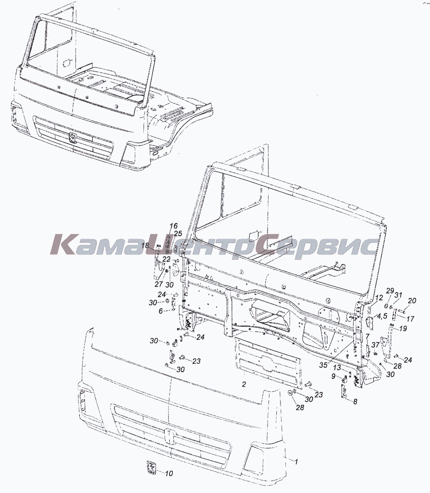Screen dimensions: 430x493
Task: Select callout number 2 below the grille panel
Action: click(244, 384)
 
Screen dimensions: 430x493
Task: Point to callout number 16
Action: click(173, 226)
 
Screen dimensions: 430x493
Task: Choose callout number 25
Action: click(178, 233)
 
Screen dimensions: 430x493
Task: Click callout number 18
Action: click(145, 246)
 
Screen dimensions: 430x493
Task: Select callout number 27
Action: click(159, 284)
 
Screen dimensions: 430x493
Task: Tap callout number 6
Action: click(161, 311)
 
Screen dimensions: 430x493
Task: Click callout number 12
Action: click(379, 298)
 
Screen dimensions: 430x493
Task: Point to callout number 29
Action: click(390, 290)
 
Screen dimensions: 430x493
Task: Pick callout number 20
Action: click(412, 300)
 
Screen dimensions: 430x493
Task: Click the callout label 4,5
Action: click(380, 316)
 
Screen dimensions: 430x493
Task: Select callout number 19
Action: click(403, 328)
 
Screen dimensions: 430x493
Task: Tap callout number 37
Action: click(375, 345)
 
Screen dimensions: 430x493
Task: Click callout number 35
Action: click(324, 372)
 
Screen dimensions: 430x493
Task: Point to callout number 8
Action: click(355, 402)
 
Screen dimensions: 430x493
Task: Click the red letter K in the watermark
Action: click(62, 244)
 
